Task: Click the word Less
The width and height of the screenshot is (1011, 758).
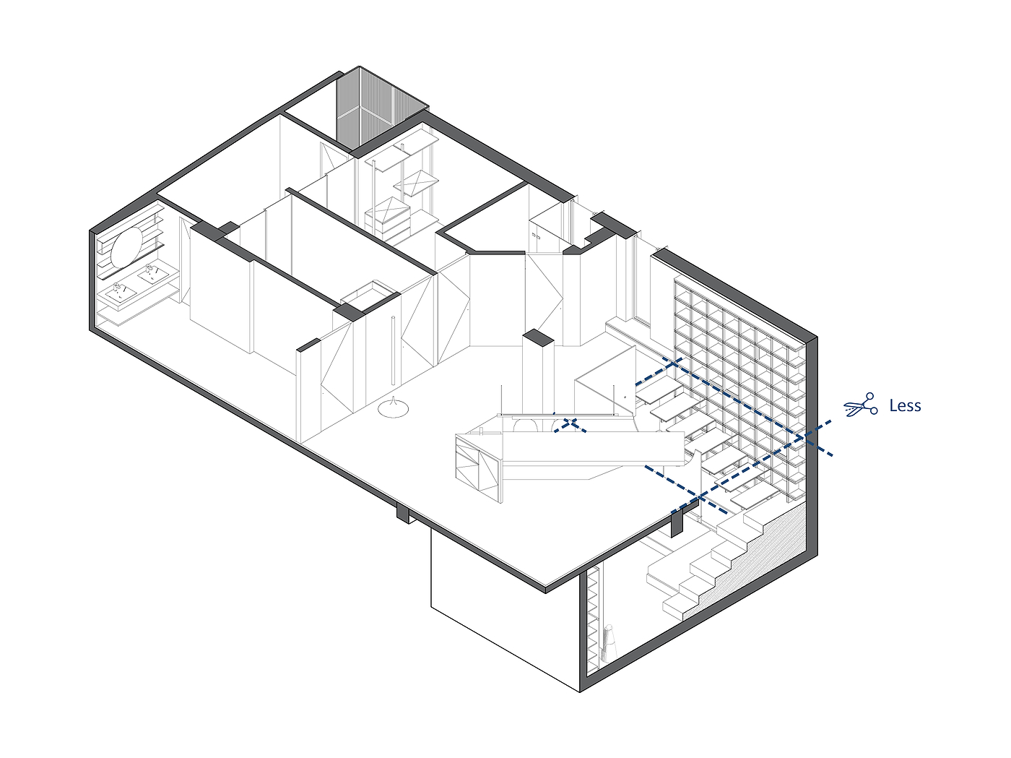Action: [x=905, y=406]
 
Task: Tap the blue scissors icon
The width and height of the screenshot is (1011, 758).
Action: [x=860, y=406]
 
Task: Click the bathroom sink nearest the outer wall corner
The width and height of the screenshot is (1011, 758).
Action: [x=120, y=293]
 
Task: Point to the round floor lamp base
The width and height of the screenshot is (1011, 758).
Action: [x=393, y=409]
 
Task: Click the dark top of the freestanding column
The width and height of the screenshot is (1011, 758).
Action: [x=537, y=337]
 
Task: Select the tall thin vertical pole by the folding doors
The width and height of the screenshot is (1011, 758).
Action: [x=394, y=350]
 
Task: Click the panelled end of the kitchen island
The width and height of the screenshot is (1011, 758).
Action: [x=477, y=466]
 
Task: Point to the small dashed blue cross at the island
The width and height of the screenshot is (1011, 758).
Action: [x=570, y=424]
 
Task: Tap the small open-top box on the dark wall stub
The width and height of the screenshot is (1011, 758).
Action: [x=370, y=293]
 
